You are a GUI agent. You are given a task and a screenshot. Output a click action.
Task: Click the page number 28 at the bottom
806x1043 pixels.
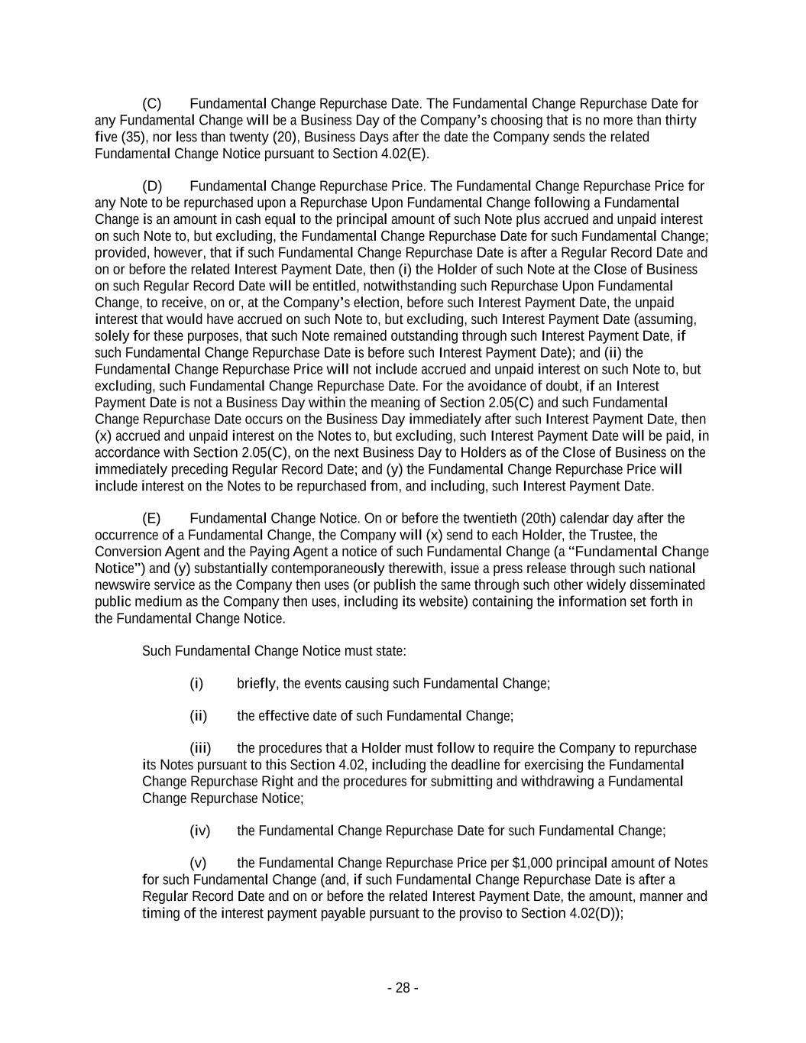click(403, 988)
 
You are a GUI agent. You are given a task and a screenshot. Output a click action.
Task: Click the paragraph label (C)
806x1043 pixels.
click(152, 103)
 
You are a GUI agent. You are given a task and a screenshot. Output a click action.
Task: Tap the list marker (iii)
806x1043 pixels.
click(200, 748)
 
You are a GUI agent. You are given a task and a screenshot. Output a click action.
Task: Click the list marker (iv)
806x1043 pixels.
click(199, 831)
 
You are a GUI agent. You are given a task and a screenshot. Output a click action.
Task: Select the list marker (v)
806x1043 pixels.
click(198, 863)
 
